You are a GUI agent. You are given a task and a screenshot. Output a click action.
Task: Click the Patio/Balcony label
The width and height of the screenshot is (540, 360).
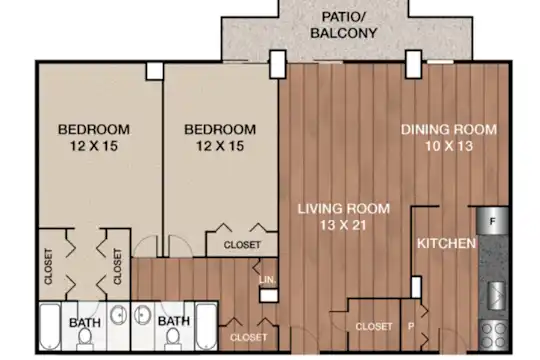(x=343, y=25)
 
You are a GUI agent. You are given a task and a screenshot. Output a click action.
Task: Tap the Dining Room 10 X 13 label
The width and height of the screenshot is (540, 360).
(x=449, y=137)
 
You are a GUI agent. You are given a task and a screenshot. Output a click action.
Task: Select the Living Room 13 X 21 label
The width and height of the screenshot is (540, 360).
(x=343, y=217)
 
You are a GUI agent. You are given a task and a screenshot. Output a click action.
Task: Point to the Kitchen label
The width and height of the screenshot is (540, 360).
(x=446, y=244)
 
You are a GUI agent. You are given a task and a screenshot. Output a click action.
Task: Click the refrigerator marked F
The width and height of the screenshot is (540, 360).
(x=492, y=220)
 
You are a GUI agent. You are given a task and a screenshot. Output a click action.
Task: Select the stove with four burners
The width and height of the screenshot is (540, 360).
(x=494, y=335)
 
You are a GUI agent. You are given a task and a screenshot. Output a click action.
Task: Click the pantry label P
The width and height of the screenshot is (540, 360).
(x=411, y=326)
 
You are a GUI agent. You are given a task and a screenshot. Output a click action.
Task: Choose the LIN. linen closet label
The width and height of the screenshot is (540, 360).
(x=268, y=280)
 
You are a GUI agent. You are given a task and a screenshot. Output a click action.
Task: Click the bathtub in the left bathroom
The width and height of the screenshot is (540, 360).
(x=50, y=326)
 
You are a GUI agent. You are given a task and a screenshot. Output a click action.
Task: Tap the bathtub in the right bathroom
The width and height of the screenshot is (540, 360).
(x=206, y=326)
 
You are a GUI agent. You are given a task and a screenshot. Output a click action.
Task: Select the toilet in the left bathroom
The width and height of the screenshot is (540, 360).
(x=84, y=338)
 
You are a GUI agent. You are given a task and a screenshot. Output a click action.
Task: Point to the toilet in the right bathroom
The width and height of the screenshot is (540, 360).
(x=173, y=338)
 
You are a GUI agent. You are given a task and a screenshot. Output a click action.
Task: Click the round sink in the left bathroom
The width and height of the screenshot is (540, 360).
(x=118, y=315)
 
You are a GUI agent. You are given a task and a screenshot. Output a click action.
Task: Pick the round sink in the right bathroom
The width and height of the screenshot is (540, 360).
(x=142, y=315)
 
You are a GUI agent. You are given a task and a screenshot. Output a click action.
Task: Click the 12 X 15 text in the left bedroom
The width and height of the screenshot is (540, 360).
(x=94, y=146)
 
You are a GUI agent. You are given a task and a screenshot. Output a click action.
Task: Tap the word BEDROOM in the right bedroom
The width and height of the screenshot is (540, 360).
(x=220, y=130)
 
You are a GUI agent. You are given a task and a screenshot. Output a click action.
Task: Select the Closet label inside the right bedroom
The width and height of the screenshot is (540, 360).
(x=242, y=245)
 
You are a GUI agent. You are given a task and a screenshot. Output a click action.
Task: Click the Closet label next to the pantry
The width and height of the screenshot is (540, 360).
(x=374, y=326)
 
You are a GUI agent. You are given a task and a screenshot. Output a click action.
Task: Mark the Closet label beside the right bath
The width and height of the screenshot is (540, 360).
(x=248, y=337)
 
